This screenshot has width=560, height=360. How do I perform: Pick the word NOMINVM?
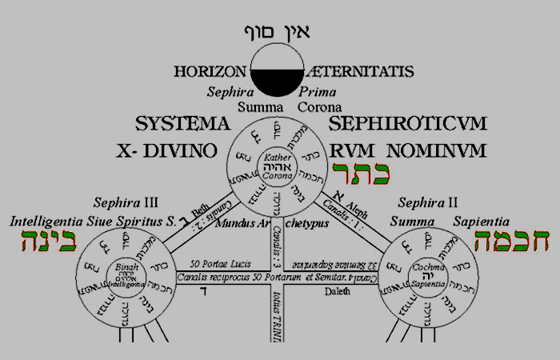point(431,150)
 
